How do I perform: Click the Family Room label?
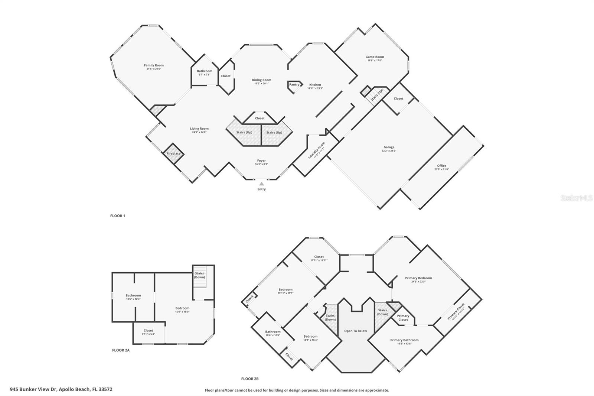click(x=154, y=65)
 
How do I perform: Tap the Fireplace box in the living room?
click(x=173, y=153)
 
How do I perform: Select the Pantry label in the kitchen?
click(x=294, y=85)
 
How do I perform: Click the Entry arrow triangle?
click(x=261, y=184)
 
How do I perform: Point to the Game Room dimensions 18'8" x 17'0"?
click(x=375, y=61)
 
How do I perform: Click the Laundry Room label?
click(x=316, y=150)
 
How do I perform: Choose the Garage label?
click(x=389, y=147)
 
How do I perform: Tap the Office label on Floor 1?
click(x=441, y=166)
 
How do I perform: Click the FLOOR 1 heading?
click(x=118, y=216)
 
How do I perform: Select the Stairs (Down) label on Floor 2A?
click(x=199, y=275)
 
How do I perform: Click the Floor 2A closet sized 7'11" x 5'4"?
click(x=148, y=332)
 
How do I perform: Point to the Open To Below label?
click(x=355, y=331)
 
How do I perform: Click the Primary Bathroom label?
click(x=404, y=340)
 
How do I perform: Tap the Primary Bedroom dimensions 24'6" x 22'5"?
click(x=418, y=282)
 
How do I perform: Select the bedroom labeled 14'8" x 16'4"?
click(x=310, y=338)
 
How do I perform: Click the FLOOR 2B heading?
click(x=249, y=379)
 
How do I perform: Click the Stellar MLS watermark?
click(x=576, y=198)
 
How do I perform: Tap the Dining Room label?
click(x=261, y=80)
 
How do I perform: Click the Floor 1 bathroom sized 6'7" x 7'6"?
click(x=204, y=73)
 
